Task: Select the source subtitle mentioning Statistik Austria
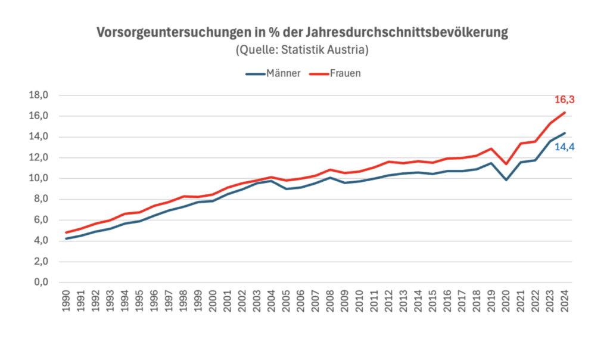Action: click(x=302, y=50)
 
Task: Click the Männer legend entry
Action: click(x=273, y=74)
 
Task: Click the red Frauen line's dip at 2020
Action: click(x=506, y=164)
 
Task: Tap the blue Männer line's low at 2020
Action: click(x=506, y=179)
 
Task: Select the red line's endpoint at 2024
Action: click(x=564, y=113)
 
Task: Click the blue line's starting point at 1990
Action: click(x=66, y=238)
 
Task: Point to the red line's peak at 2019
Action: click(x=491, y=148)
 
